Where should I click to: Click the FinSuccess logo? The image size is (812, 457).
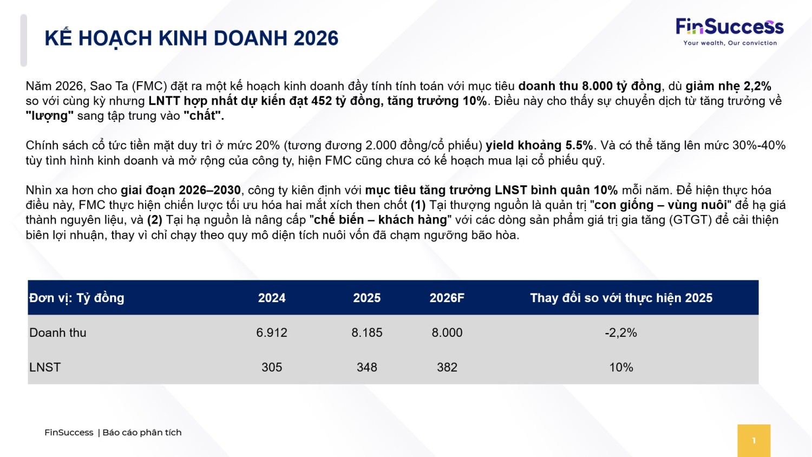[729, 27]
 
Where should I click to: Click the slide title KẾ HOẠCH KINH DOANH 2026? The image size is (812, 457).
[192, 38]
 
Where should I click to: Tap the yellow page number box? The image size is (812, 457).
[754, 440]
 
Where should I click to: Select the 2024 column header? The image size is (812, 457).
[272, 298]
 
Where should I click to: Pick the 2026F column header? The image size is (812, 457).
[447, 298]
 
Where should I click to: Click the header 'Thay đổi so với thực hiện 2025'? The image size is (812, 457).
[621, 298]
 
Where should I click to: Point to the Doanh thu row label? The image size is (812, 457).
[58, 332]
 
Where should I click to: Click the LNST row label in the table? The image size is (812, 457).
[45, 367]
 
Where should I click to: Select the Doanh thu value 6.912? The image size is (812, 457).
[272, 332]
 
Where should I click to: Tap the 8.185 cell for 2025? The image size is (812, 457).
[366, 332]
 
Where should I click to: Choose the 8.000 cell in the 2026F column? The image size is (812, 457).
[447, 332]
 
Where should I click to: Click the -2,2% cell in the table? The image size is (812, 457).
[621, 332]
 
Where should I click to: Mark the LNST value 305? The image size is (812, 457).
[272, 367]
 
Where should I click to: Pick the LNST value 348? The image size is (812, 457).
[366, 367]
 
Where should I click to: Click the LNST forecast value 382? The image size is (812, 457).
[447, 367]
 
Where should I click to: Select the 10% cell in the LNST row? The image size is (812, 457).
[621, 367]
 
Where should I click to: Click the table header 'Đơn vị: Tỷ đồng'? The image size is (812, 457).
[77, 298]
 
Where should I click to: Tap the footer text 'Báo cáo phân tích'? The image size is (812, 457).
[142, 432]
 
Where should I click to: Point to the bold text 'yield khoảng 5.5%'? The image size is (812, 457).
[539, 145]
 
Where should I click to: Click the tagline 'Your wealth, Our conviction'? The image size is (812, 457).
[730, 43]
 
